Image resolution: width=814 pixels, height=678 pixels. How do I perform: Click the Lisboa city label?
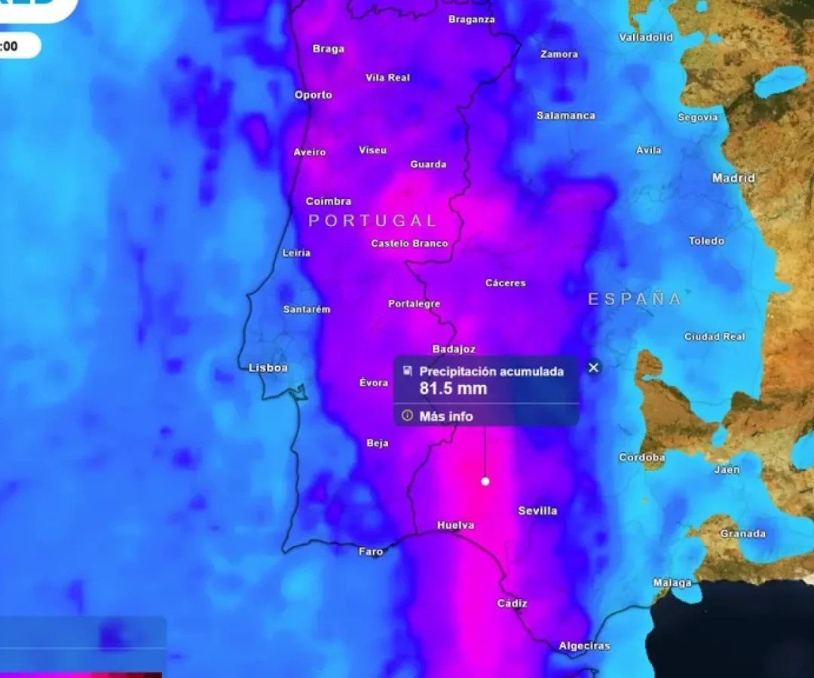click(x=268, y=368)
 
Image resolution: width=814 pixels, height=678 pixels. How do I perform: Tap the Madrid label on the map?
click(x=733, y=179)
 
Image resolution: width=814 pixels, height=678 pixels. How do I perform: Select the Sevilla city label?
click(x=537, y=511)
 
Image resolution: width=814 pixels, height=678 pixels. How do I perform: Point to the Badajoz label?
click(x=454, y=349)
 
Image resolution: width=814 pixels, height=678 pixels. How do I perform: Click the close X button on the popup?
click(x=594, y=368)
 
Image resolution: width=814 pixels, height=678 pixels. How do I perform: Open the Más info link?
click(x=446, y=416)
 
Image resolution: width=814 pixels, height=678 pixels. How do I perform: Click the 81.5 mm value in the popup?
click(x=453, y=389)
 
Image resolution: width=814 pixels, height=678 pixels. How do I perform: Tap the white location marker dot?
click(x=485, y=481)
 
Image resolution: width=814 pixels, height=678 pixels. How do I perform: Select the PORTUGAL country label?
click(x=372, y=221)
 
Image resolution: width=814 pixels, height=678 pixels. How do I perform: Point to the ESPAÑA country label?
click(x=635, y=299)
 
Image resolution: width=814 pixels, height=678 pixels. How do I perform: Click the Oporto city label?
click(x=314, y=95)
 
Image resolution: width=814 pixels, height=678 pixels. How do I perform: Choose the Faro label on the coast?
click(x=371, y=551)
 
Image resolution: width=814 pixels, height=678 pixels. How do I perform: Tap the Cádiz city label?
click(x=512, y=603)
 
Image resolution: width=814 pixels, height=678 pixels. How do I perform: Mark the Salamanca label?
click(x=566, y=115)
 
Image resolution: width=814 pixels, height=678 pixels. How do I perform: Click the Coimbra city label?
click(x=329, y=201)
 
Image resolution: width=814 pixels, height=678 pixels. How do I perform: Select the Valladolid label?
click(x=646, y=37)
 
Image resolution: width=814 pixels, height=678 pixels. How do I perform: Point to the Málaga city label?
click(x=672, y=583)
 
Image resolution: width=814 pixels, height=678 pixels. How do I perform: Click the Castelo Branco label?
click(x=409, y=243)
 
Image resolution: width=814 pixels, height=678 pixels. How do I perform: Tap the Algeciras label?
click(x=584, y=646)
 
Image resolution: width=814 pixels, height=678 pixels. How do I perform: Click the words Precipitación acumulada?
click(x=491, y=371)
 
